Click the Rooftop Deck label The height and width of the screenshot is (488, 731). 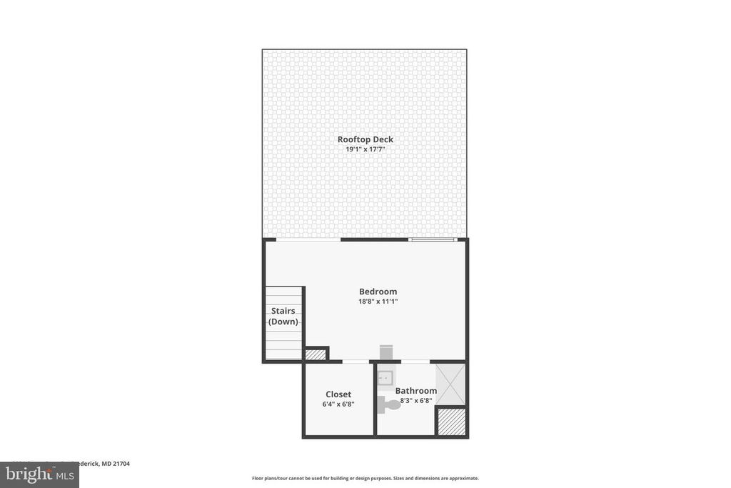tap(365, 139)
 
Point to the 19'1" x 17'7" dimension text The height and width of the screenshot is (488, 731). tap(365, 149)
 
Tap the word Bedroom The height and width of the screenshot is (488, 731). tap(378, 292)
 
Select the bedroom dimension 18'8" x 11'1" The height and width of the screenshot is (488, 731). tap(378, 302)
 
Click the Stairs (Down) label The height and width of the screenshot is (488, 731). tap(283, 316)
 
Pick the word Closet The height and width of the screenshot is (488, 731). tap(338, 394)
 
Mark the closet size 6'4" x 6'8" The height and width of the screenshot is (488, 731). tap(338, 404)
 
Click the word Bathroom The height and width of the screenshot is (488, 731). tap(416, 391)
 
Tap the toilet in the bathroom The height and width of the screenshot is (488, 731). tap(389, 404)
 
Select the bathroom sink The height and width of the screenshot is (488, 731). tap(385, 377)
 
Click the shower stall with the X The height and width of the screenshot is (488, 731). tap(450, 384)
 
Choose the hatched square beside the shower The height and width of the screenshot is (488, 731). tap(451, 421)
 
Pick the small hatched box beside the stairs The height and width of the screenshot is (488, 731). tap(315, 354)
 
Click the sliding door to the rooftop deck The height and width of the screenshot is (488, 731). tap(433, 239)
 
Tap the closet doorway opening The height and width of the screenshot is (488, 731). tap(356, 362)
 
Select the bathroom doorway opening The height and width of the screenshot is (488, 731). tap(415, 362)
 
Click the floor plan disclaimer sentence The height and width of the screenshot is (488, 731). tap(365, 478)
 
